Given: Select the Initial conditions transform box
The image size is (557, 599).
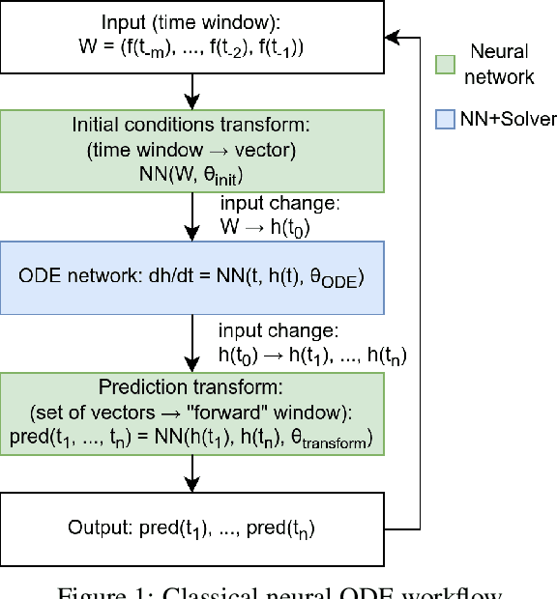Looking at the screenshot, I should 192,149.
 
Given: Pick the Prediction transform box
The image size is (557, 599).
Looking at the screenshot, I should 192,414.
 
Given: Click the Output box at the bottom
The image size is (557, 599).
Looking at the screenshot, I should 192,528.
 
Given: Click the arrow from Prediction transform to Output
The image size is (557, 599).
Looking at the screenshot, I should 192,474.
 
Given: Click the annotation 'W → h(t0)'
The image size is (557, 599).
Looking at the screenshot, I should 266,228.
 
